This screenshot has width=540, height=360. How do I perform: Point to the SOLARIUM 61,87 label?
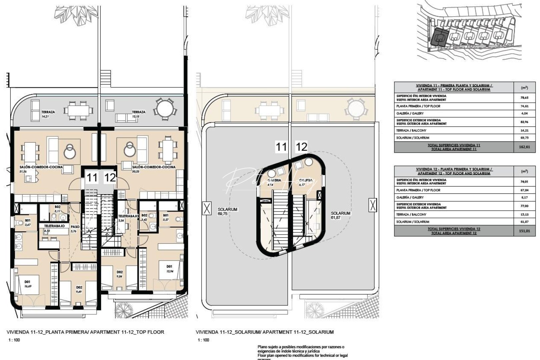340,215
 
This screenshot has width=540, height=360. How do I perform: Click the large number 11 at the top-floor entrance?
92,178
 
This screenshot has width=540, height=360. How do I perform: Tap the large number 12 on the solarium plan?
301,147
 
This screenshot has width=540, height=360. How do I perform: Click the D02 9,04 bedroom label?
120,274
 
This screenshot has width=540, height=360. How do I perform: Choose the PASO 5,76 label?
75,229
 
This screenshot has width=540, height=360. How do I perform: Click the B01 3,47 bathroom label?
28,222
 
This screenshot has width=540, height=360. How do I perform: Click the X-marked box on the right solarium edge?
372,205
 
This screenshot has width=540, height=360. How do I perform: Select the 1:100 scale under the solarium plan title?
203,340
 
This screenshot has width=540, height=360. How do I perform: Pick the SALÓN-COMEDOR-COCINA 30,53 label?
154,169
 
